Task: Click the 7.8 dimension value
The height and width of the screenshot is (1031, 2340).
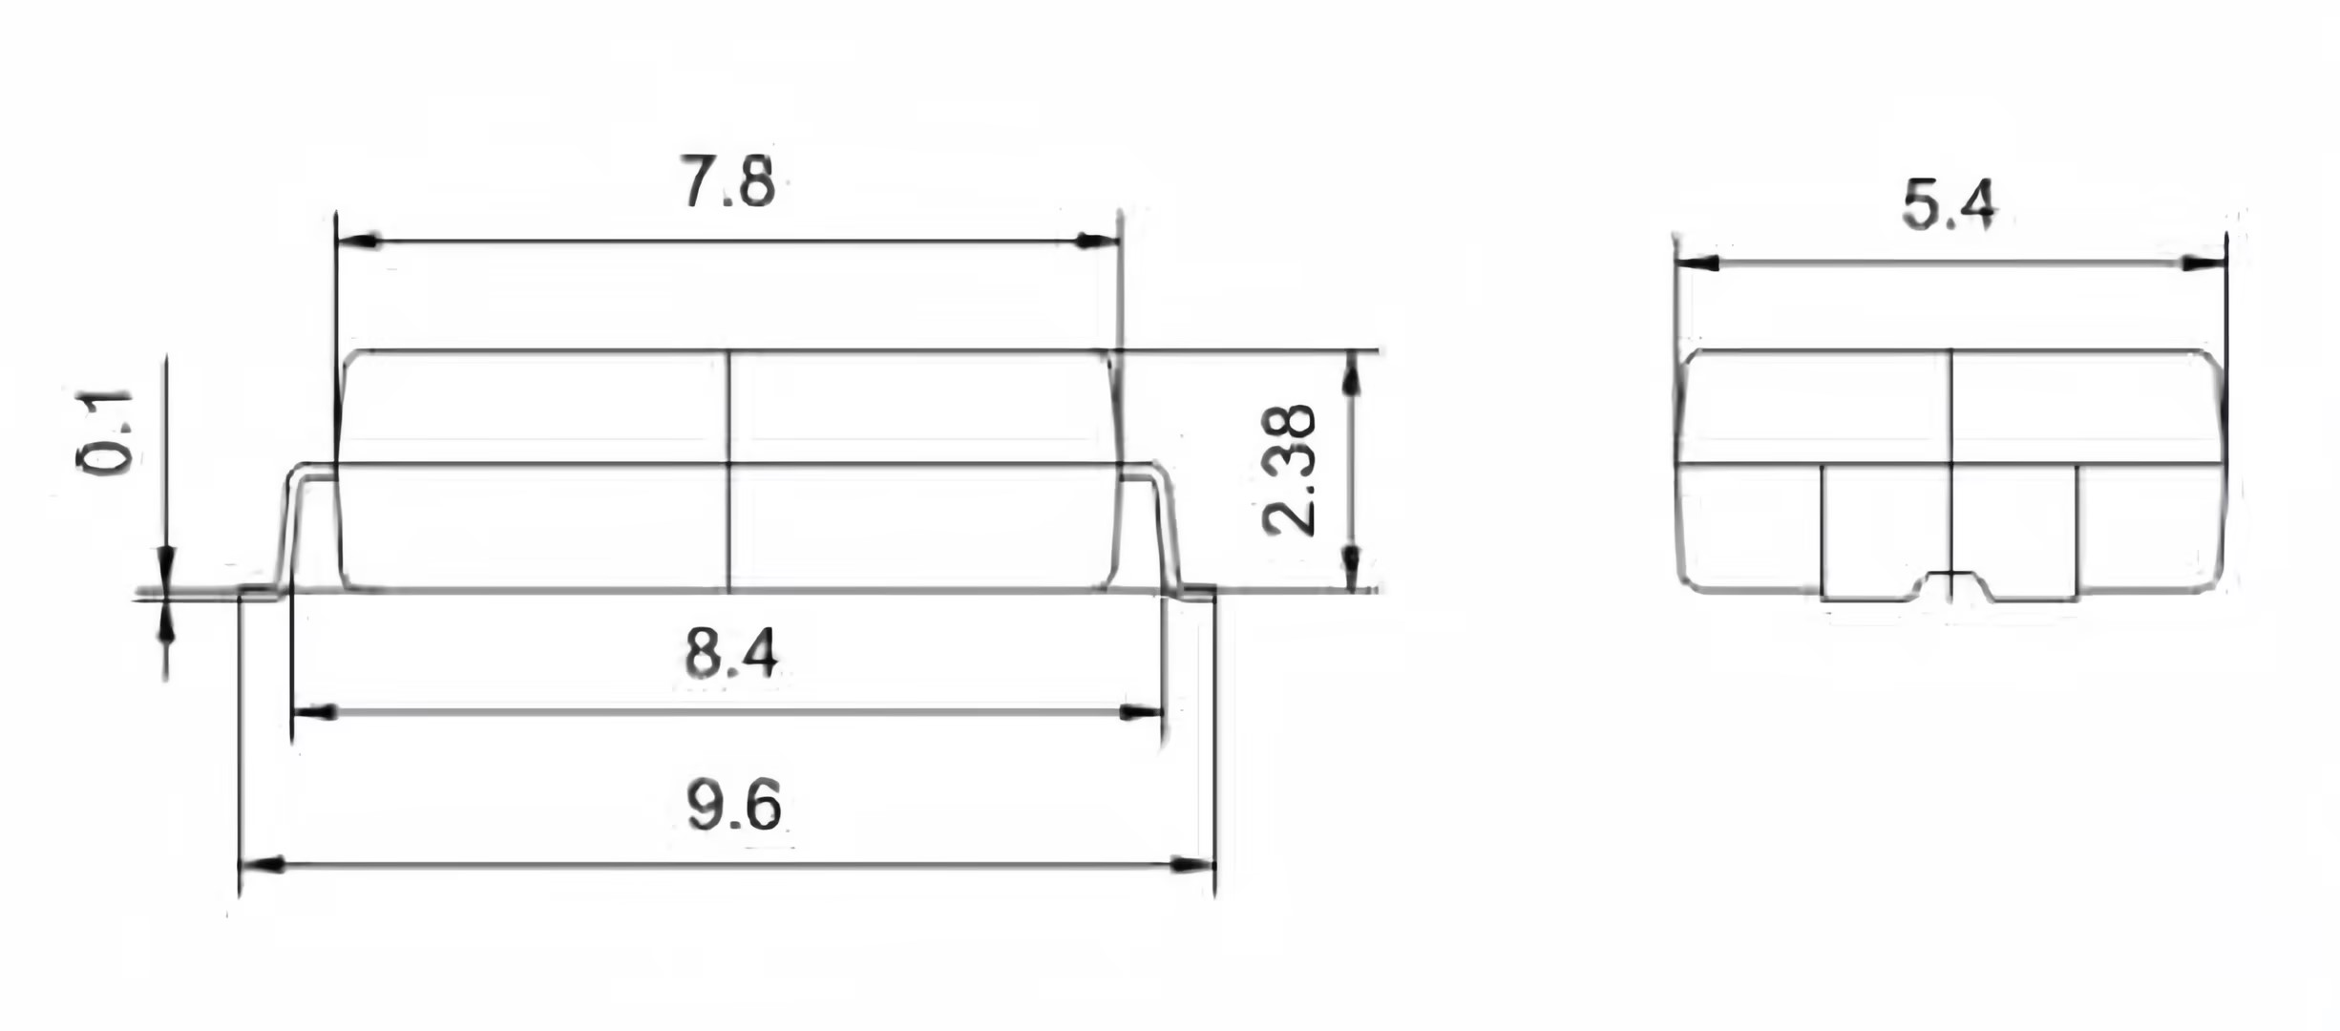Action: click(x=727, y=181)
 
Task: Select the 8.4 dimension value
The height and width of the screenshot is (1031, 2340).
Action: click(x=731, y=654)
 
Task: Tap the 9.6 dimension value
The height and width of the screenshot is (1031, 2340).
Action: click(x=733, y=807)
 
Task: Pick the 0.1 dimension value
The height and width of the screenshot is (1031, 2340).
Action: click(x=104, y=431)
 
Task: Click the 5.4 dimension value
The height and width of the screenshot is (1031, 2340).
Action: click(x=1949, y=205)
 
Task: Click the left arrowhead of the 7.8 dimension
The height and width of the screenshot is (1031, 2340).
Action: click(x=357, y=242)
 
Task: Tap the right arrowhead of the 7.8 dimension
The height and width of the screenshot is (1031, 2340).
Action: click(x=1098, y=242)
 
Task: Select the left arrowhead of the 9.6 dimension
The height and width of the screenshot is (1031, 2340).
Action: click(x=260, y=865)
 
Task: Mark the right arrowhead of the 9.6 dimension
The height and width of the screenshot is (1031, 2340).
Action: click(x=1193, y=865)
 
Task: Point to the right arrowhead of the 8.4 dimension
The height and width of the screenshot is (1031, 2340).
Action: click(x=1142, y=712)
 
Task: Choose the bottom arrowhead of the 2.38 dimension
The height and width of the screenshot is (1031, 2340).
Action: click(x=1351, y=569)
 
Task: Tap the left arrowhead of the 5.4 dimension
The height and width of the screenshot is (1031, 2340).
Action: click(x=1697, y=263)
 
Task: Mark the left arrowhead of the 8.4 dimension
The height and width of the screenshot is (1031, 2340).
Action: click(x=313, y=712)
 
